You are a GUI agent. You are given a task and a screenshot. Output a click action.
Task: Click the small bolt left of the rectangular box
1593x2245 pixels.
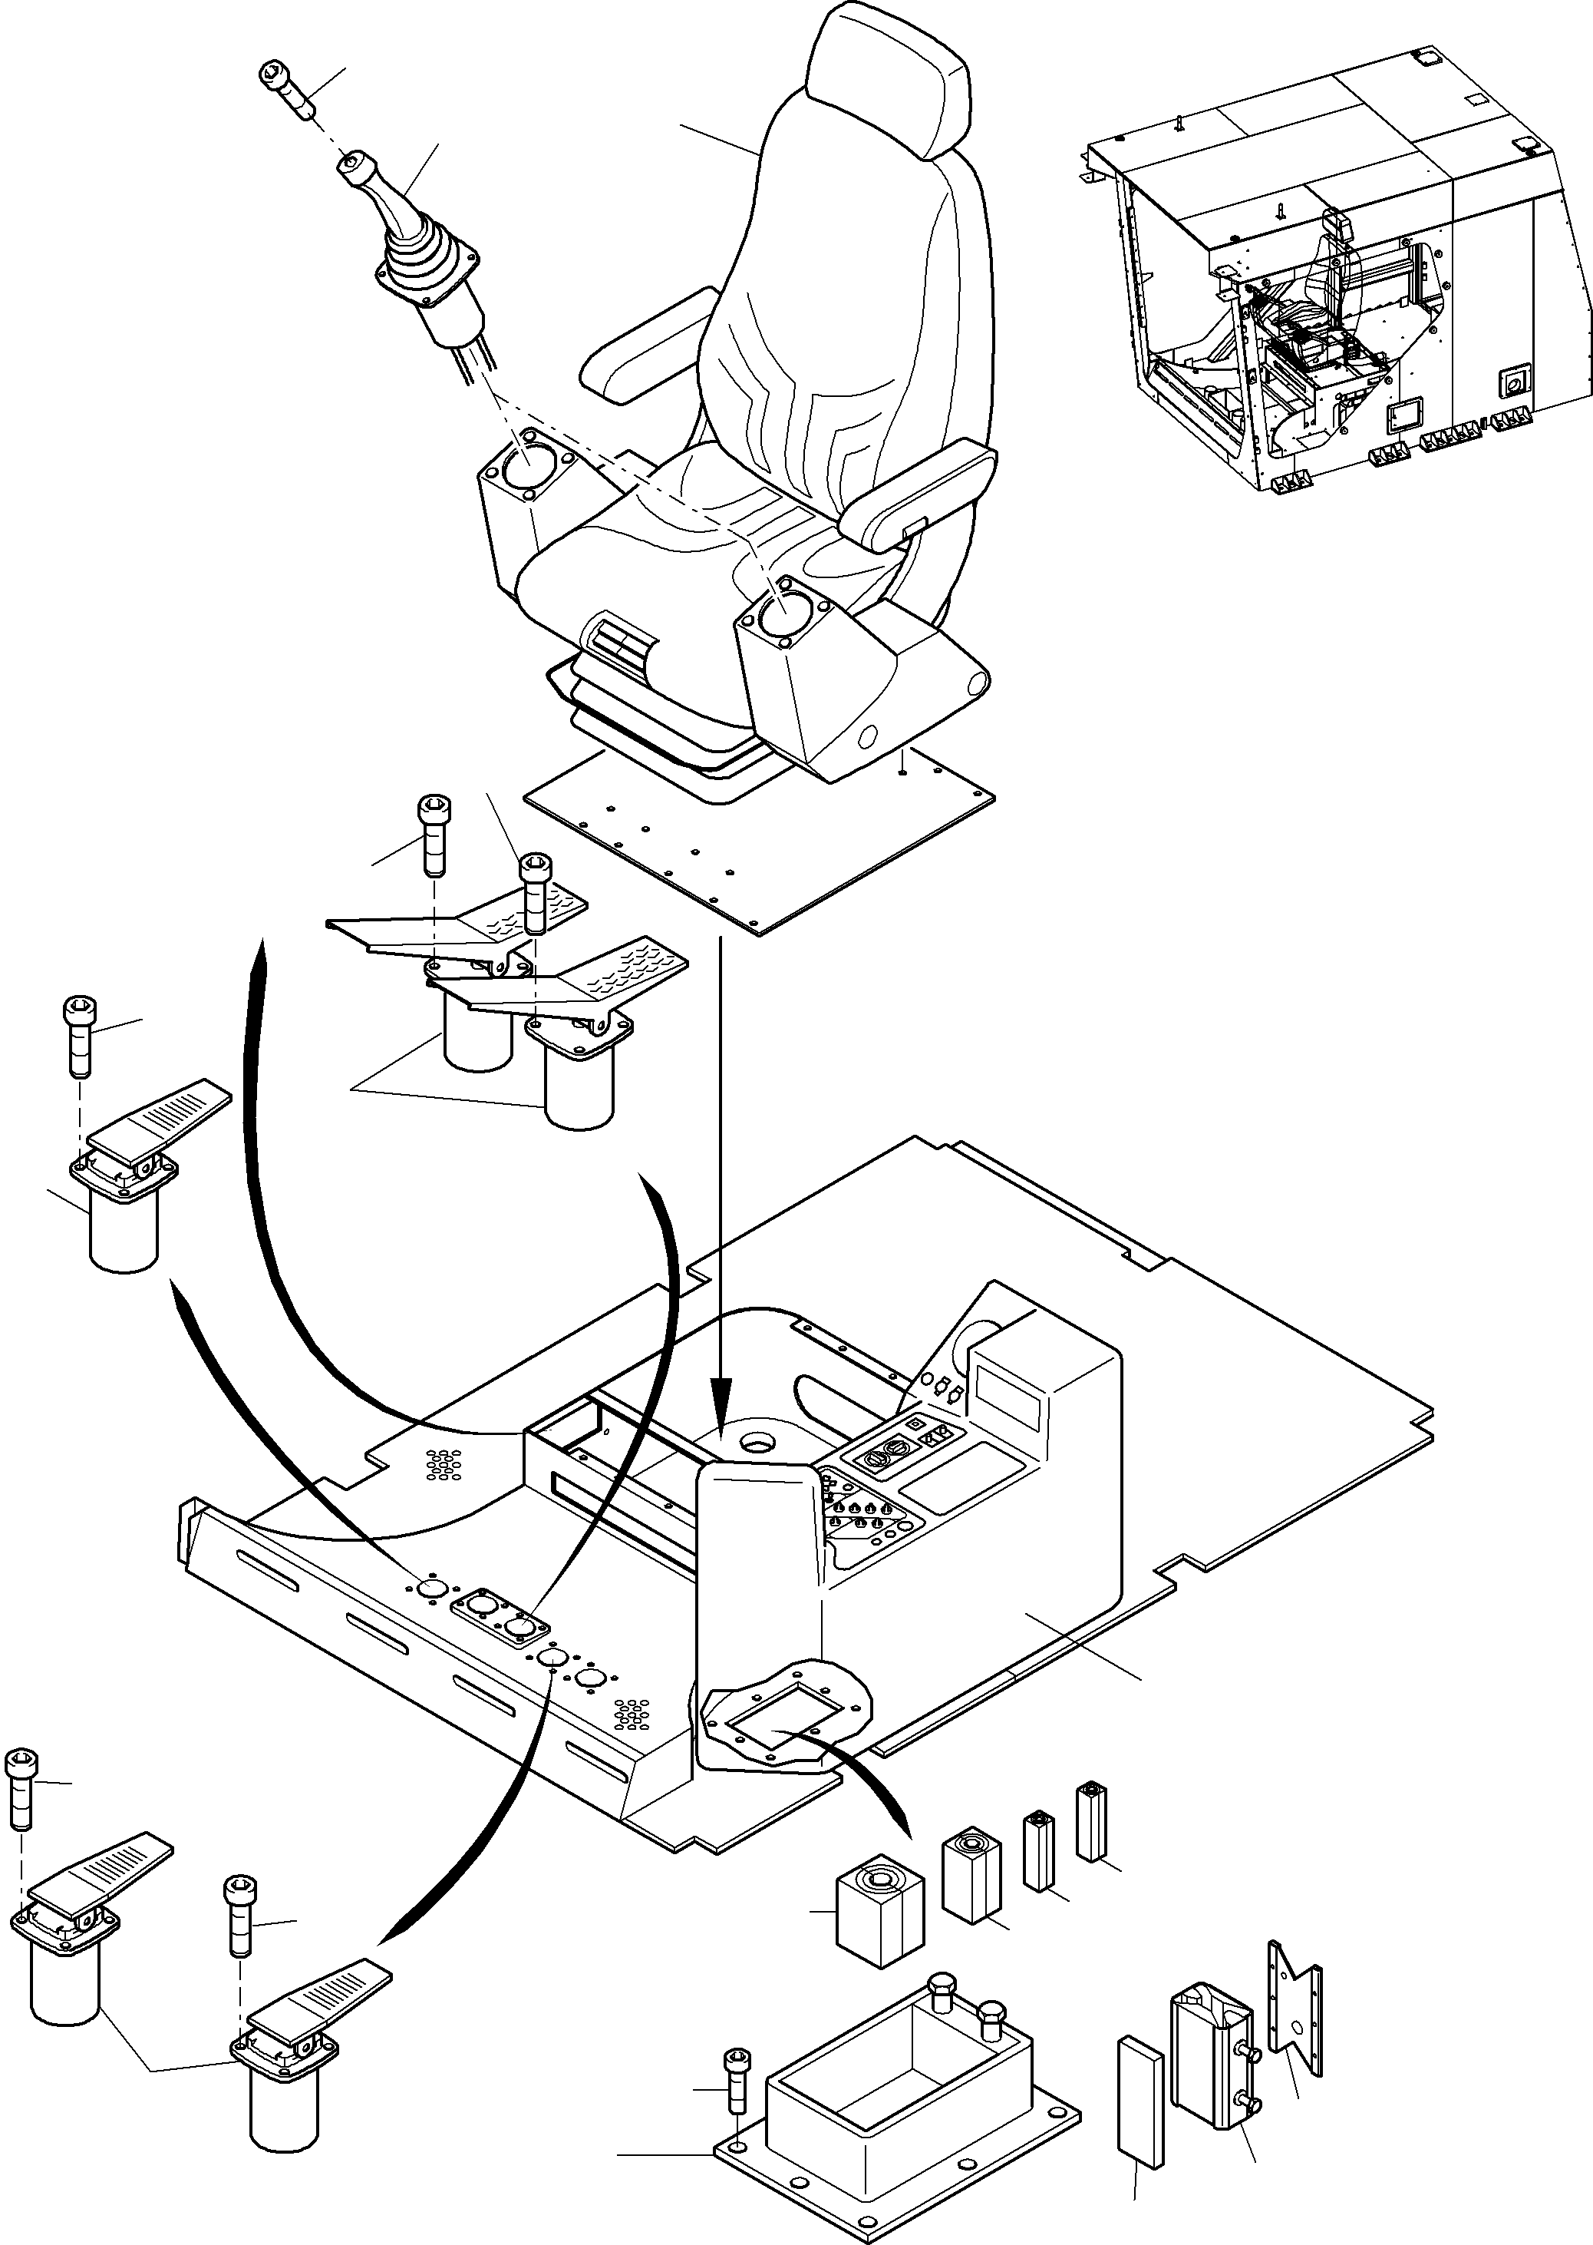click(x=734, y=2005)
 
